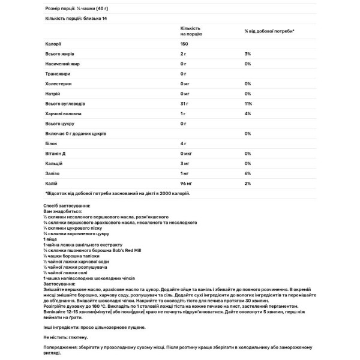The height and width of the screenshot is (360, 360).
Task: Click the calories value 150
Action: (185, 44)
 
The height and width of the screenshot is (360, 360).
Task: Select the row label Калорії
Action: (53, 44)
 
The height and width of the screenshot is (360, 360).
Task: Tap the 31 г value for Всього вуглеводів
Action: (185, 103)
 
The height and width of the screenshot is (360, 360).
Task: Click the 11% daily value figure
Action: (248, 103)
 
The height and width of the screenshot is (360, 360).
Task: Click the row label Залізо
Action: (53, 173)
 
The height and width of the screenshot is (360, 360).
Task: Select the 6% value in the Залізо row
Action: (247, 173)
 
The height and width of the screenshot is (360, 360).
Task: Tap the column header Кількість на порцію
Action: (191, 31)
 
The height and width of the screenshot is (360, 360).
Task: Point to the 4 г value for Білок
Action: (184, 143)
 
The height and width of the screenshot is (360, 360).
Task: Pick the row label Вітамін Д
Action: (56, 153)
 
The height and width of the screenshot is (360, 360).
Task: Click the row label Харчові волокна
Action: (63, 113)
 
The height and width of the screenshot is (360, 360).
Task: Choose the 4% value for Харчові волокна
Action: (247, 113)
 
